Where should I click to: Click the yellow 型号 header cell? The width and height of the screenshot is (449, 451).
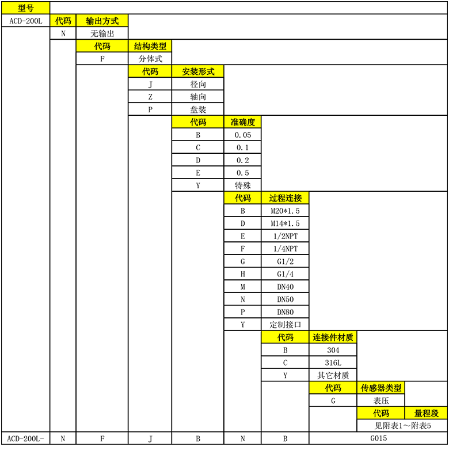pyautogui.click(x=25, y=7)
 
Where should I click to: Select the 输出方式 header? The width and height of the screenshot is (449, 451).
pyautogui.click(x=102, y=21)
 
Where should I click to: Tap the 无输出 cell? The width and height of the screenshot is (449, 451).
pyautogui.click(x=102, y=33)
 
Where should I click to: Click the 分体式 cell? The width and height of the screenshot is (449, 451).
pyautogui.click(x=150, y=59)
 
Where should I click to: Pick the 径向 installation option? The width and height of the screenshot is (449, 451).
pyautogui.click(x=198, y=84)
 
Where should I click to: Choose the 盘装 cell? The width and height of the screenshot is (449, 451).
pyautogui.click(x=198, y=109)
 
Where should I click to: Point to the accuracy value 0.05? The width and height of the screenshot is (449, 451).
pyautogui.click(x=242, y=135)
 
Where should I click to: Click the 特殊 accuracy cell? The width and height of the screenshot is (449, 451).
pyautogui.click(x=242, y=185)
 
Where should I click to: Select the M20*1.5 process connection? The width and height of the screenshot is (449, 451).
pyautogui.click(x=285, y=211)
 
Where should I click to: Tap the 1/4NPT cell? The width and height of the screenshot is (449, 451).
pyautogui.click(x=285, y=248)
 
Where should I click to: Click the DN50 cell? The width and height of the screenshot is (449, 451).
pyautogui.click(x=285, y=299)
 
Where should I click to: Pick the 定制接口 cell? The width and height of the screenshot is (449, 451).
pyautogui.click(x=285, y=324)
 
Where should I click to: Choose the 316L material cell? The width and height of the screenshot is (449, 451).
pyautogui.click(x=333, y=362)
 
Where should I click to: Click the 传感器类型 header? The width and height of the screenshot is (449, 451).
pyautogui.click(x=381, y=388)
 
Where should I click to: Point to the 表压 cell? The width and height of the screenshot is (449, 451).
pyautogui.click(x=381, y=400)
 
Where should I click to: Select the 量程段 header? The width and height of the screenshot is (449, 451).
pyautogui.click(x=427, y=413)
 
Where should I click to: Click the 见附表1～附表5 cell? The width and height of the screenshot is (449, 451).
pyautogui.click(x=402, y=426)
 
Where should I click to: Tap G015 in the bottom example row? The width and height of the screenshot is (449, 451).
pyautogui.click(x=378, y=438)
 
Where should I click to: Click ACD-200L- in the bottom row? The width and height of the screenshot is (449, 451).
pyautogui.click(x=25, y=438)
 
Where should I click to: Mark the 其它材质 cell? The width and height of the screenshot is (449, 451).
pyautogui.click(x=333, y=375)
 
